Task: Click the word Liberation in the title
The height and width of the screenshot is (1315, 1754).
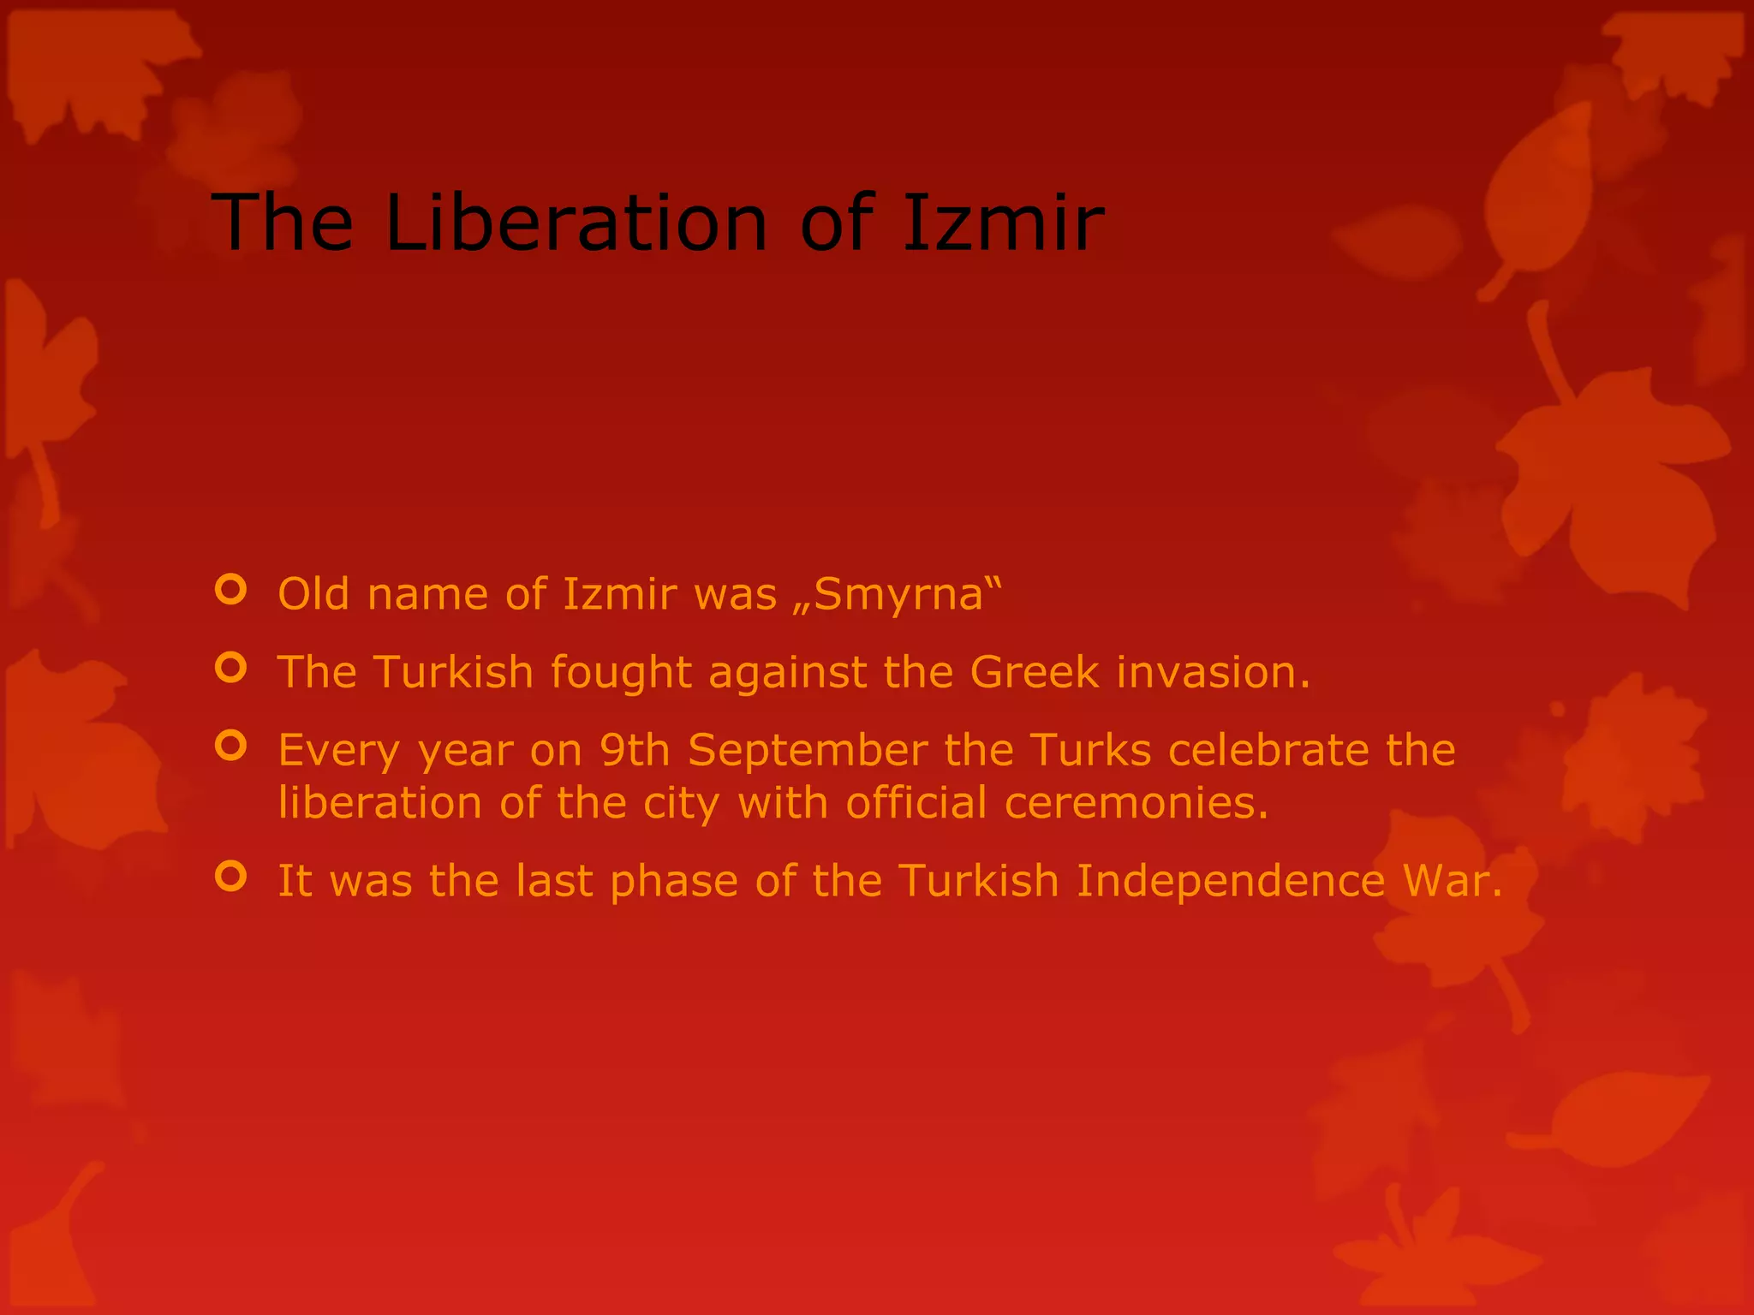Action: click(576, 223)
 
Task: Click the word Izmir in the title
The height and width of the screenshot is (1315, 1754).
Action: click(1002, 223)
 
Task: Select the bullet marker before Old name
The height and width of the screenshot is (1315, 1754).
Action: click(231, 590)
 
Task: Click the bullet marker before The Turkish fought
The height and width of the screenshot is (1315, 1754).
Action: click(231, 668)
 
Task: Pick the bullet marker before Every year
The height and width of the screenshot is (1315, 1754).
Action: click(231, 746)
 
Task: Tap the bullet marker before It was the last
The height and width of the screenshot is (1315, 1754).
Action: click(231, 877)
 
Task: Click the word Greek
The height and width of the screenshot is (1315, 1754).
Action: click(1034, 672)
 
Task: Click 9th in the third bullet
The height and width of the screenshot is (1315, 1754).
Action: click(634, 751)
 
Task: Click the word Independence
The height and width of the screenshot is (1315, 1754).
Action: click(1230, 882)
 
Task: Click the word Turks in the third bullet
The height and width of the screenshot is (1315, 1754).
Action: click(1090, 751)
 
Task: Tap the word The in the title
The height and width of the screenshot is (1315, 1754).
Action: click(283, 223)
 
